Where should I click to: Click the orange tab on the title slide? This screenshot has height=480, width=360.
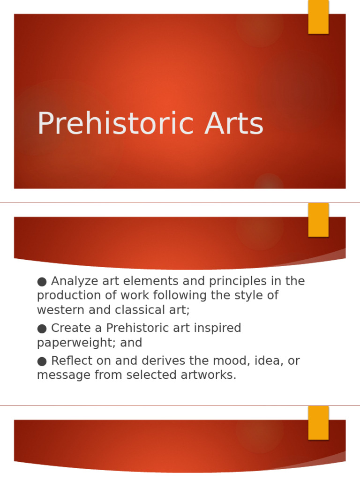coord(318,17)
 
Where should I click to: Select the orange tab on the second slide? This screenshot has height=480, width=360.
coord(318,220)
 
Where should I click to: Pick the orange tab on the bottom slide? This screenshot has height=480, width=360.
coord(318,423)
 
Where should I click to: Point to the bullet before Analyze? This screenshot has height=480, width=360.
coord(42,281)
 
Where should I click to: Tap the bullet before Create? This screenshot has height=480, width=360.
coord(42,328)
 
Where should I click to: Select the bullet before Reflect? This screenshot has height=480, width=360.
coord(42,361)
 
